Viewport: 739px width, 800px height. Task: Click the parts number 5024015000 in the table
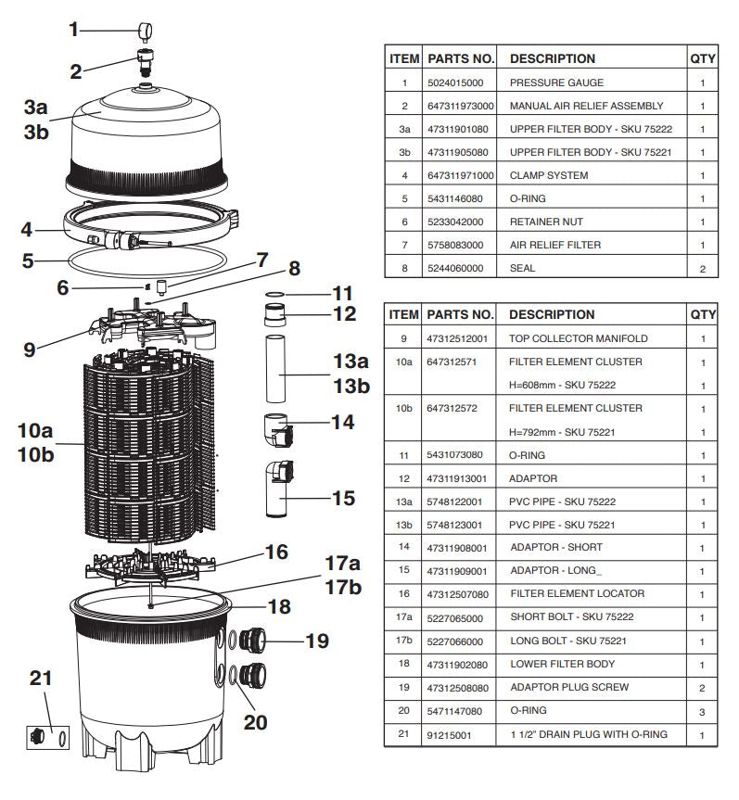click(458, 83)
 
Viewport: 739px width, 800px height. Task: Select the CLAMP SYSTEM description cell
click(549, 175)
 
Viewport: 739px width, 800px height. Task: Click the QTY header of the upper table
click(702, 58)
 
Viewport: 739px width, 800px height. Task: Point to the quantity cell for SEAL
click(702, 269)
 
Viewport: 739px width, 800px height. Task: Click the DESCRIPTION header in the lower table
click(552, 315)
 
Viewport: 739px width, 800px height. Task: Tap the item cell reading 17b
click(403, 641)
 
